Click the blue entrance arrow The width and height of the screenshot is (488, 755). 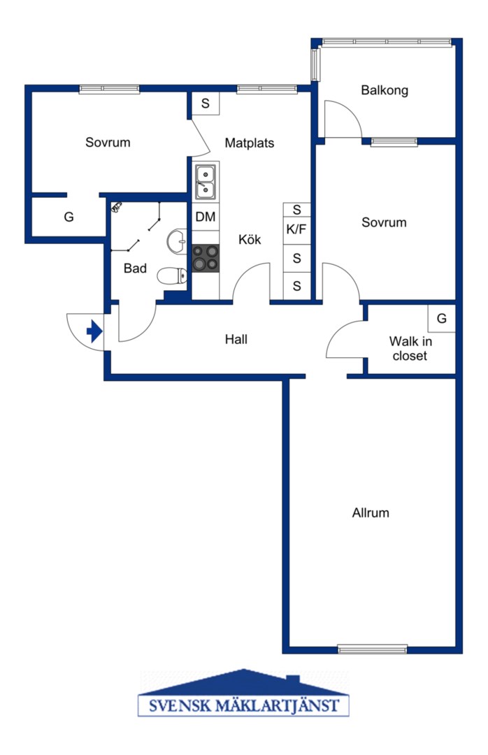coord(94,332)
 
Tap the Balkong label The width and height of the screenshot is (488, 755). coord(385,90)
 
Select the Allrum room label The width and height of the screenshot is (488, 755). coord(371,512)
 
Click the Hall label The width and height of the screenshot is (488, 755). coord(236,339)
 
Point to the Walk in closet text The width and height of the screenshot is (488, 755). coord(410,348)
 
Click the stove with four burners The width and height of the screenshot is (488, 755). coord(206,258)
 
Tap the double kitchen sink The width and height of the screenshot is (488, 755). coord(206,181)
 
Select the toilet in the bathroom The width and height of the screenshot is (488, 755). coord(172,276)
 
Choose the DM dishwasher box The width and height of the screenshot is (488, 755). coord(206,217)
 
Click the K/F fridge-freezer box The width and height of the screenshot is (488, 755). coord(296,230)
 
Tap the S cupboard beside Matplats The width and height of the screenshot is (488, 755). coord(206,103)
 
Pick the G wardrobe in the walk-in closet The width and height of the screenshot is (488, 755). coord(442,318)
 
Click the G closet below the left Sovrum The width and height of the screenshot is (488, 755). coord(69,217)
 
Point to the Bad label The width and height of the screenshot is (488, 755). coord(135,268)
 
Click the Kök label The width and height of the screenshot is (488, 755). coord(250,239)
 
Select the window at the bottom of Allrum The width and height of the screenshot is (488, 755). coord(373,649)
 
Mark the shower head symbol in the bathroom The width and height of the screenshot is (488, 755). coord(117,207)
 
